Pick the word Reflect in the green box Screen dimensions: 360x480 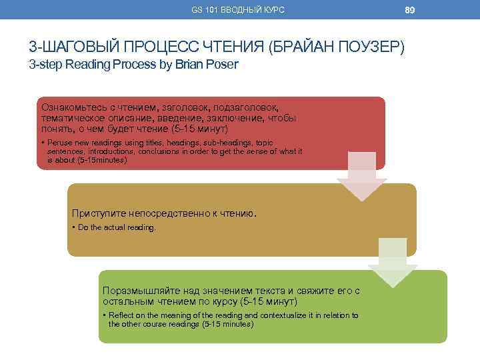point(122,315)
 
